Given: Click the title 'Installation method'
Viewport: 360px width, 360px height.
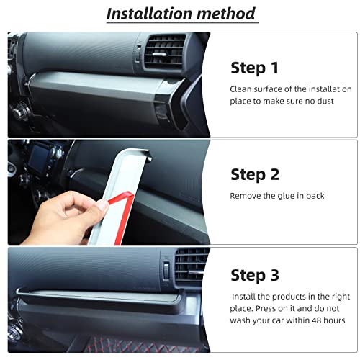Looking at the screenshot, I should pos(180,13).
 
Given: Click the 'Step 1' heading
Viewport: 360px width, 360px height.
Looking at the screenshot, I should pos(254,68).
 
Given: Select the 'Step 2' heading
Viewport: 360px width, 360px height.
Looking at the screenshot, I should pos(254,174).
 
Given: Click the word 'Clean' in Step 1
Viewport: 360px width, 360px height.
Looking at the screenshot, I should pos(241,89).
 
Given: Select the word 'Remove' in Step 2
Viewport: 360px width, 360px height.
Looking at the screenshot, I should pos(246,195).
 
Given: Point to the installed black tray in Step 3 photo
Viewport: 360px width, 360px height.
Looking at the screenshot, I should pos(108,294).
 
